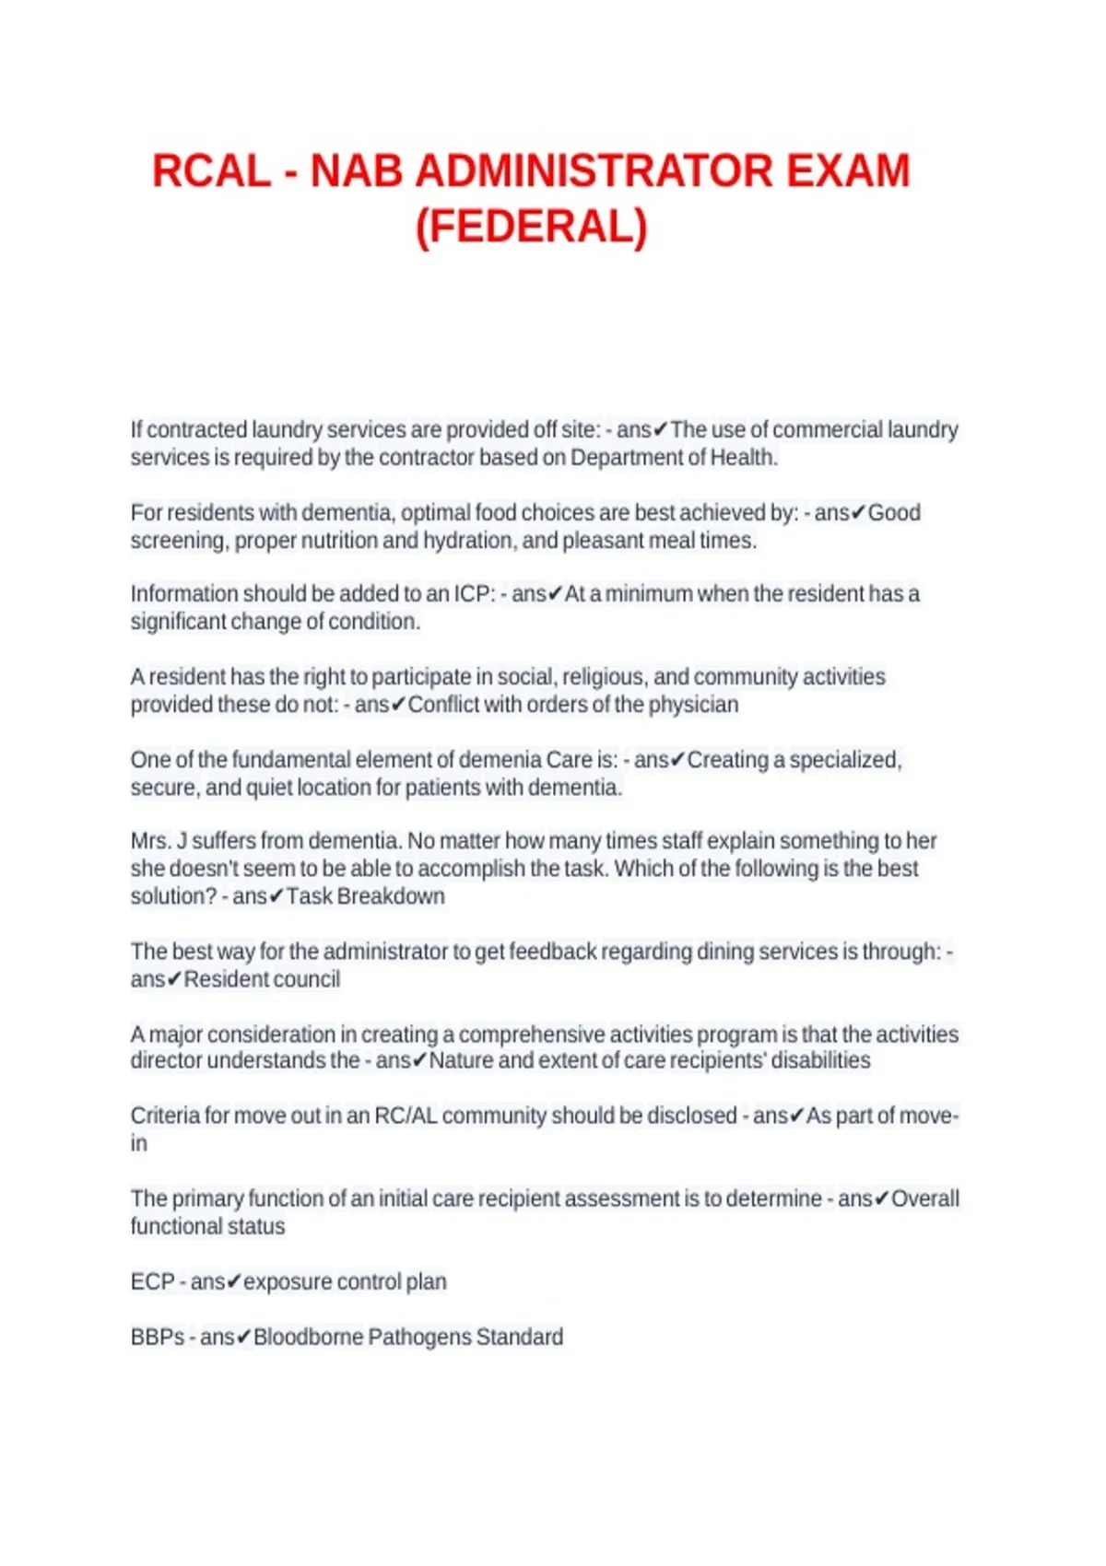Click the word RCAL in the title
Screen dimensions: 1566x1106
click(211, 172)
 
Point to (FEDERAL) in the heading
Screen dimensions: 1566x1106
click(532, 228)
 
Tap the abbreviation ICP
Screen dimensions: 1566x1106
click(474, 594)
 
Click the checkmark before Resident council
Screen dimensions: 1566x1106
click(174, 980)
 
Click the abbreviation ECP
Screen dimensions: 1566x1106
click(152, 1282)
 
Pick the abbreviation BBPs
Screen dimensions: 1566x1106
click(158, 1338)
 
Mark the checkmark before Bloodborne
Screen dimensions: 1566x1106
click(243, 1338)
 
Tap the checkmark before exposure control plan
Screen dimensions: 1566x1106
click(233, 1282)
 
